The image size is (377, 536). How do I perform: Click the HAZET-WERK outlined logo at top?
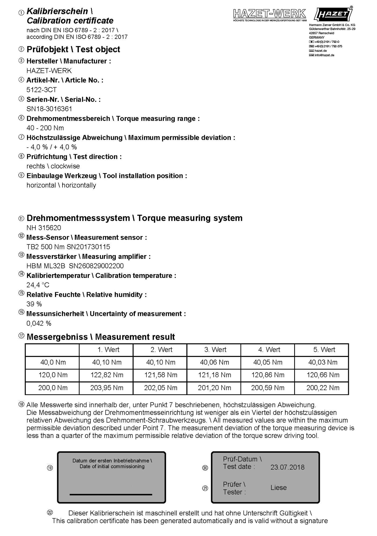[269, 14]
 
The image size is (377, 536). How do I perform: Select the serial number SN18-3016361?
[49, 109]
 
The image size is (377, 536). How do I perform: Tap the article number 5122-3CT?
[42, 90]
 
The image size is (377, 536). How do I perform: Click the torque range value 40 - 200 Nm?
[45, 128]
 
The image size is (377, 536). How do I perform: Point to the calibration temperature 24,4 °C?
[38, 285]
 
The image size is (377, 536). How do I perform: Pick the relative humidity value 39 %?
[34, 304]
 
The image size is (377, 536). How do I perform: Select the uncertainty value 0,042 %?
[39, 323]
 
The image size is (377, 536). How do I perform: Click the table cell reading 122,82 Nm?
[107, 375]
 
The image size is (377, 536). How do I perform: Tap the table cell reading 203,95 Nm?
[107, 388]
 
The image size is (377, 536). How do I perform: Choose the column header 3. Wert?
[215, 350]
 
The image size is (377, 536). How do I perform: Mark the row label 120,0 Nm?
[53, 375]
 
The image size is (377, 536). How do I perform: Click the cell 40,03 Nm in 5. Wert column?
[323, 362]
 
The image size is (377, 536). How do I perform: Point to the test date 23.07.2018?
[287, 467]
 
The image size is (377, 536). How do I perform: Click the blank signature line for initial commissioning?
[111, 494]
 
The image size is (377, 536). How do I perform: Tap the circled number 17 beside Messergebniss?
[21, 336]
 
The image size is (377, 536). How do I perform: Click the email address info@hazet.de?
[324, 55]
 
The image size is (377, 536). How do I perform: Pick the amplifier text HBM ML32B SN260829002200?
[75, 266]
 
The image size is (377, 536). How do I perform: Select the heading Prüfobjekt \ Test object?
[73, 49]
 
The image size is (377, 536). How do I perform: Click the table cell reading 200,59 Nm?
[268, 388]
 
